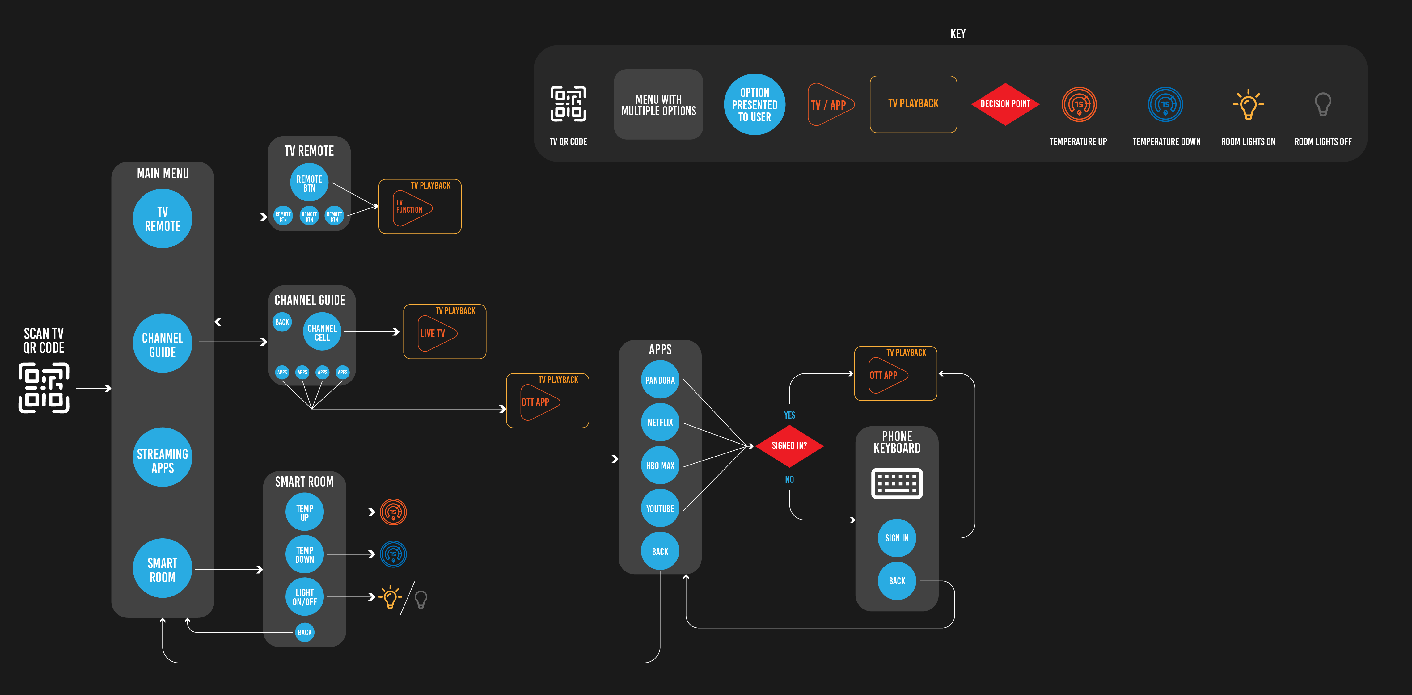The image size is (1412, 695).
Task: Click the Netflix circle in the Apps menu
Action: pyautogui.click(x=660, y=422)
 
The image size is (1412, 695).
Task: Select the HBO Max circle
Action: pyautogui.click(x=660, y=465)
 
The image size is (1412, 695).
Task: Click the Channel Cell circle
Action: pyautogui.click(x=322, y=332)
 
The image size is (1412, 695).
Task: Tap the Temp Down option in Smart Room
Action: pyautogui.click(x=305, y=554)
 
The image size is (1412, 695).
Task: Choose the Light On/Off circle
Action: pyautogui.click(x=305, y=597)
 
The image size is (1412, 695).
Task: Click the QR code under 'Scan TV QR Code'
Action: pyautogui.click(x=44, y=388)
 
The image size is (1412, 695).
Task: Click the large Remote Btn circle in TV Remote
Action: pyautogui.click(x=309, y=183)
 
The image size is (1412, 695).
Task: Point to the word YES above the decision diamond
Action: pyautogui.click(x=789, y=415)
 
